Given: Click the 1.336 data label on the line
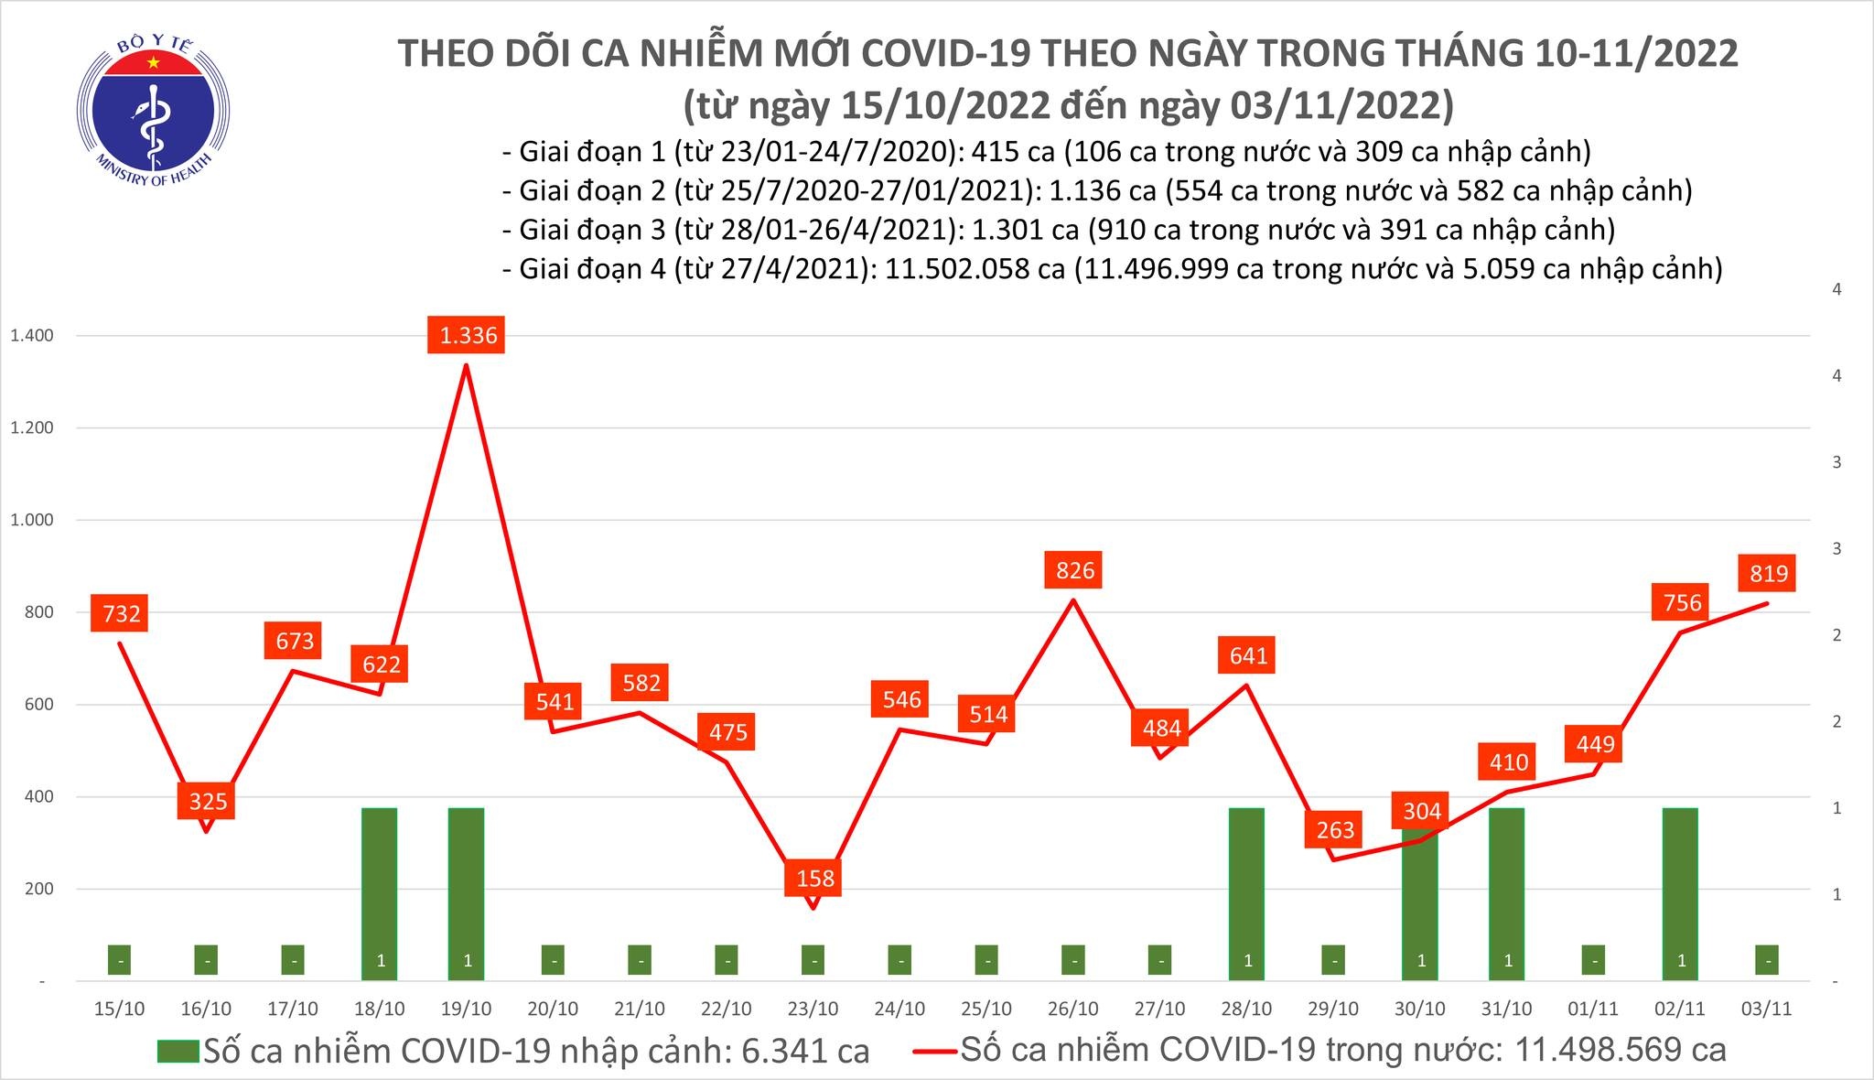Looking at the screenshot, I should (468, 335).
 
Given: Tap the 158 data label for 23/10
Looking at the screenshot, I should (814, 879).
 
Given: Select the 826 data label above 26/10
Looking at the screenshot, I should (1074, 570).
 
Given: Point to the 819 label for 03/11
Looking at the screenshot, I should (1768, 573).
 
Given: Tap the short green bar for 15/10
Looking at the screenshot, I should (119, 960).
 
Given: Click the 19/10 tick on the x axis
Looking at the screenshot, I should (467, 1009).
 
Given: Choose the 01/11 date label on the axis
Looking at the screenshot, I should (1594, 1009).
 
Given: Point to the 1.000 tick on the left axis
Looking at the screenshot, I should (31, 520).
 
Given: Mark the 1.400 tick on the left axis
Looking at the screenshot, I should (31, 336).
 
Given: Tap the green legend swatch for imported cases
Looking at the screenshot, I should (178, 1051).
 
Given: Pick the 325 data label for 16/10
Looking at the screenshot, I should (208, 802).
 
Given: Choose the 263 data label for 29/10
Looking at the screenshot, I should (1335, 829).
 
